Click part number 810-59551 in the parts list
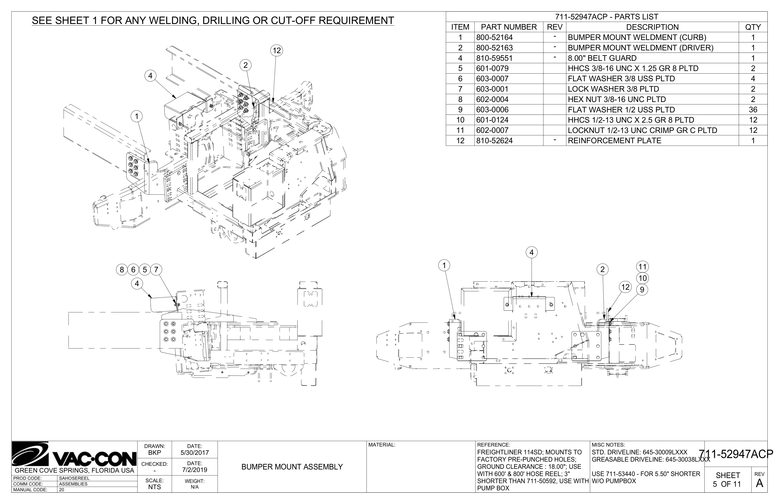click(x=494, y=58)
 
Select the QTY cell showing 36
click(x=753, y=110)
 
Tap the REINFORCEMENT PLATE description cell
click(x=614, y=141)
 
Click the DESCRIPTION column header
click(x=652, y=27)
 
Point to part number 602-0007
click(x=492, y=130)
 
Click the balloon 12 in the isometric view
click(x=276, y=50)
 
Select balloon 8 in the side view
click(x=122, y=270)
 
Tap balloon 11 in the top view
click(x=642, y=267)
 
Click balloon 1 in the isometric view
click(x=137, y=116)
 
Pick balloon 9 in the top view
click(x=642, y=290)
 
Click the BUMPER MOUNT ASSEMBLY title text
click(x=292, y=467)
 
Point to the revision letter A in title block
click(x=759, y=483)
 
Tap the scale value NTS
click(x=155, y=487)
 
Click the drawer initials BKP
click(x=155, y=453)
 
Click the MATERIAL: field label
click(x=382, y=445)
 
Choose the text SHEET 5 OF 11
click(x=728, y=480)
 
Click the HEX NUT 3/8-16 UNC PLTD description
click(x=617, y=100)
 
